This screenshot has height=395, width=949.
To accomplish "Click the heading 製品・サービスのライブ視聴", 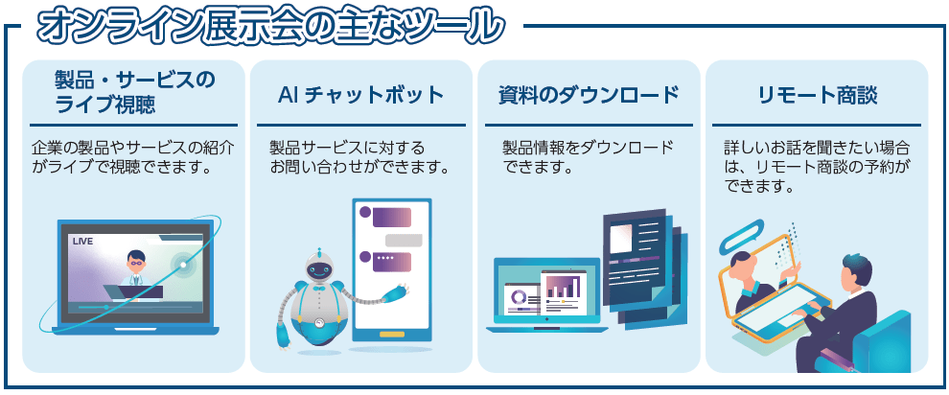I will click(x=134, y=91).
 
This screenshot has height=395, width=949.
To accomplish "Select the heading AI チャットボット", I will click(x=361, y=95).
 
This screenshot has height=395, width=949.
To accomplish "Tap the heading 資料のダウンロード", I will click(x=589, y=95).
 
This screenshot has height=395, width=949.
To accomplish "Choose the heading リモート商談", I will click(x=817, y=95).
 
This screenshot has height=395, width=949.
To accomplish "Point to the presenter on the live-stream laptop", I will click(x=134, y=267).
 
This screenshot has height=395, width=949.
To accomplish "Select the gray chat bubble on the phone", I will click(x=404, y=240).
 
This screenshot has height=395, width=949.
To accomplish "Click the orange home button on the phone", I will click(x=392, y=335).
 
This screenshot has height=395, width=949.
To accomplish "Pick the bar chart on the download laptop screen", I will click(x=563, y=285).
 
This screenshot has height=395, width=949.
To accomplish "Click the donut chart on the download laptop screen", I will click(x=520, y=297).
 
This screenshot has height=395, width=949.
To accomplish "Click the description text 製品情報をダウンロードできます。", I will click(x=587, y=158).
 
